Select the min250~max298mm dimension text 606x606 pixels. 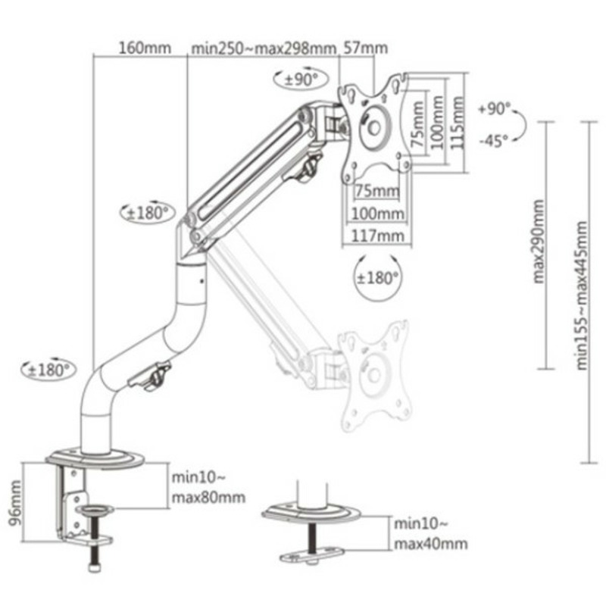pyautogui.click(x=263, y=49)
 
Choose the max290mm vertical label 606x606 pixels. pyautogui.click(x=538, y=242)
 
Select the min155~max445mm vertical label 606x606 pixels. pyautogui.click(x=581, y=294)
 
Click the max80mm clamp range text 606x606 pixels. pyautogui.click(x=208, y=497)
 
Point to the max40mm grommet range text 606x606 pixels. pyautogui.click(x=430, y=544)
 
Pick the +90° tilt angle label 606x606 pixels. pyautogui.click(x=495, y=109)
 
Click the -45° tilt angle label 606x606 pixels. pyautogui.click(x=494, y=141)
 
